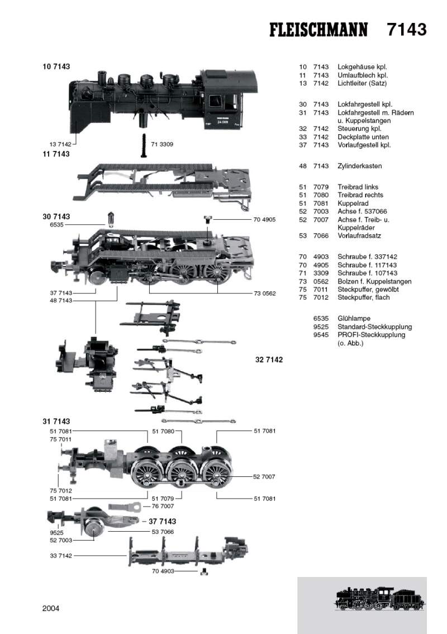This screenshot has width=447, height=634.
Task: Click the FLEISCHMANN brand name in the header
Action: (318, 30)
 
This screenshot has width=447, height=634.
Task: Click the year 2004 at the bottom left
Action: (51, 608)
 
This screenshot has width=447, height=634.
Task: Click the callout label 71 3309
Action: (162, 144)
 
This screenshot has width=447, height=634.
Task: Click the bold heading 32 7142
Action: (269, 360)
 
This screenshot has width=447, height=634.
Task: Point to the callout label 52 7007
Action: (264, 476)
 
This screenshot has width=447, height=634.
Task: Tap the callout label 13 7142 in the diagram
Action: (60, 144)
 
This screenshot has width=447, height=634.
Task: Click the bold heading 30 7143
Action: (56, 216)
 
